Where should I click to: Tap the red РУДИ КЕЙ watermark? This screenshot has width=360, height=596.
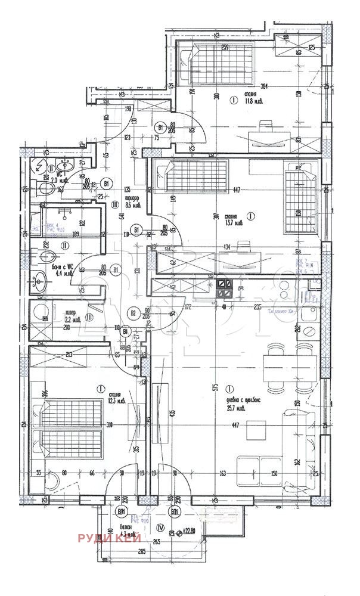[109, 538]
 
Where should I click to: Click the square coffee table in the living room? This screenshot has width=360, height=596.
[257, 429]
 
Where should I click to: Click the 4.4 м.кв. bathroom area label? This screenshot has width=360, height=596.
[63, 271]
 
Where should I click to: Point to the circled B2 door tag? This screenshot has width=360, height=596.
[134, 312]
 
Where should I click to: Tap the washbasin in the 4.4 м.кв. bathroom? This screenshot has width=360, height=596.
[39, 281]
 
